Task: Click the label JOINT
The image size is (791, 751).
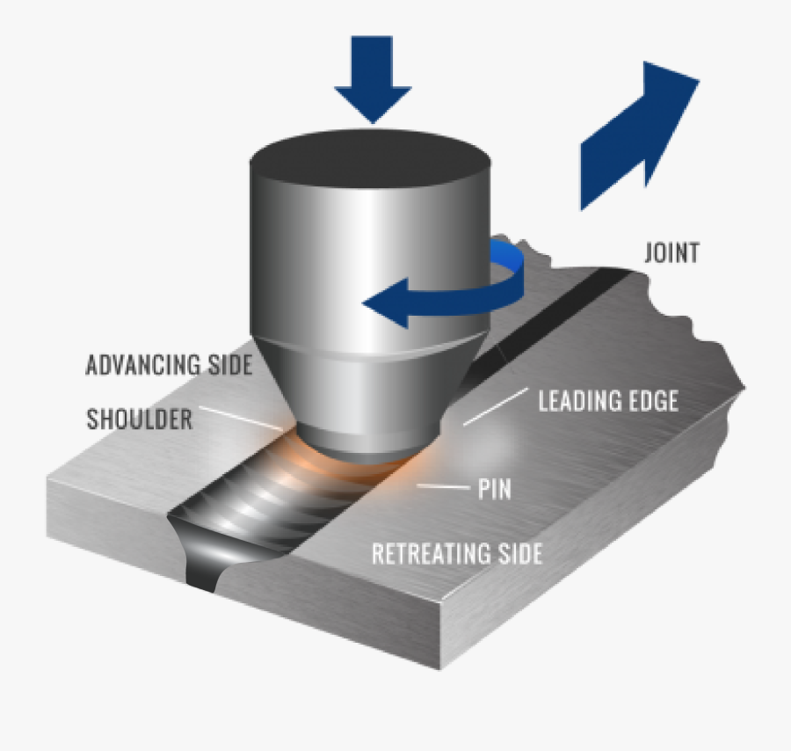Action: (671, 253)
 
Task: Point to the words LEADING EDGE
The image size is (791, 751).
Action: (608, 402)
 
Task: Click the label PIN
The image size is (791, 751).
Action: (494, 490)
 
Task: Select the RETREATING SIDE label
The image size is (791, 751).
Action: (456, 554)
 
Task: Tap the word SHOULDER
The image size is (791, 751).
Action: (139, 419)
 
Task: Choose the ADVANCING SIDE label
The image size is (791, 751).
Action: (169, 365)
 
